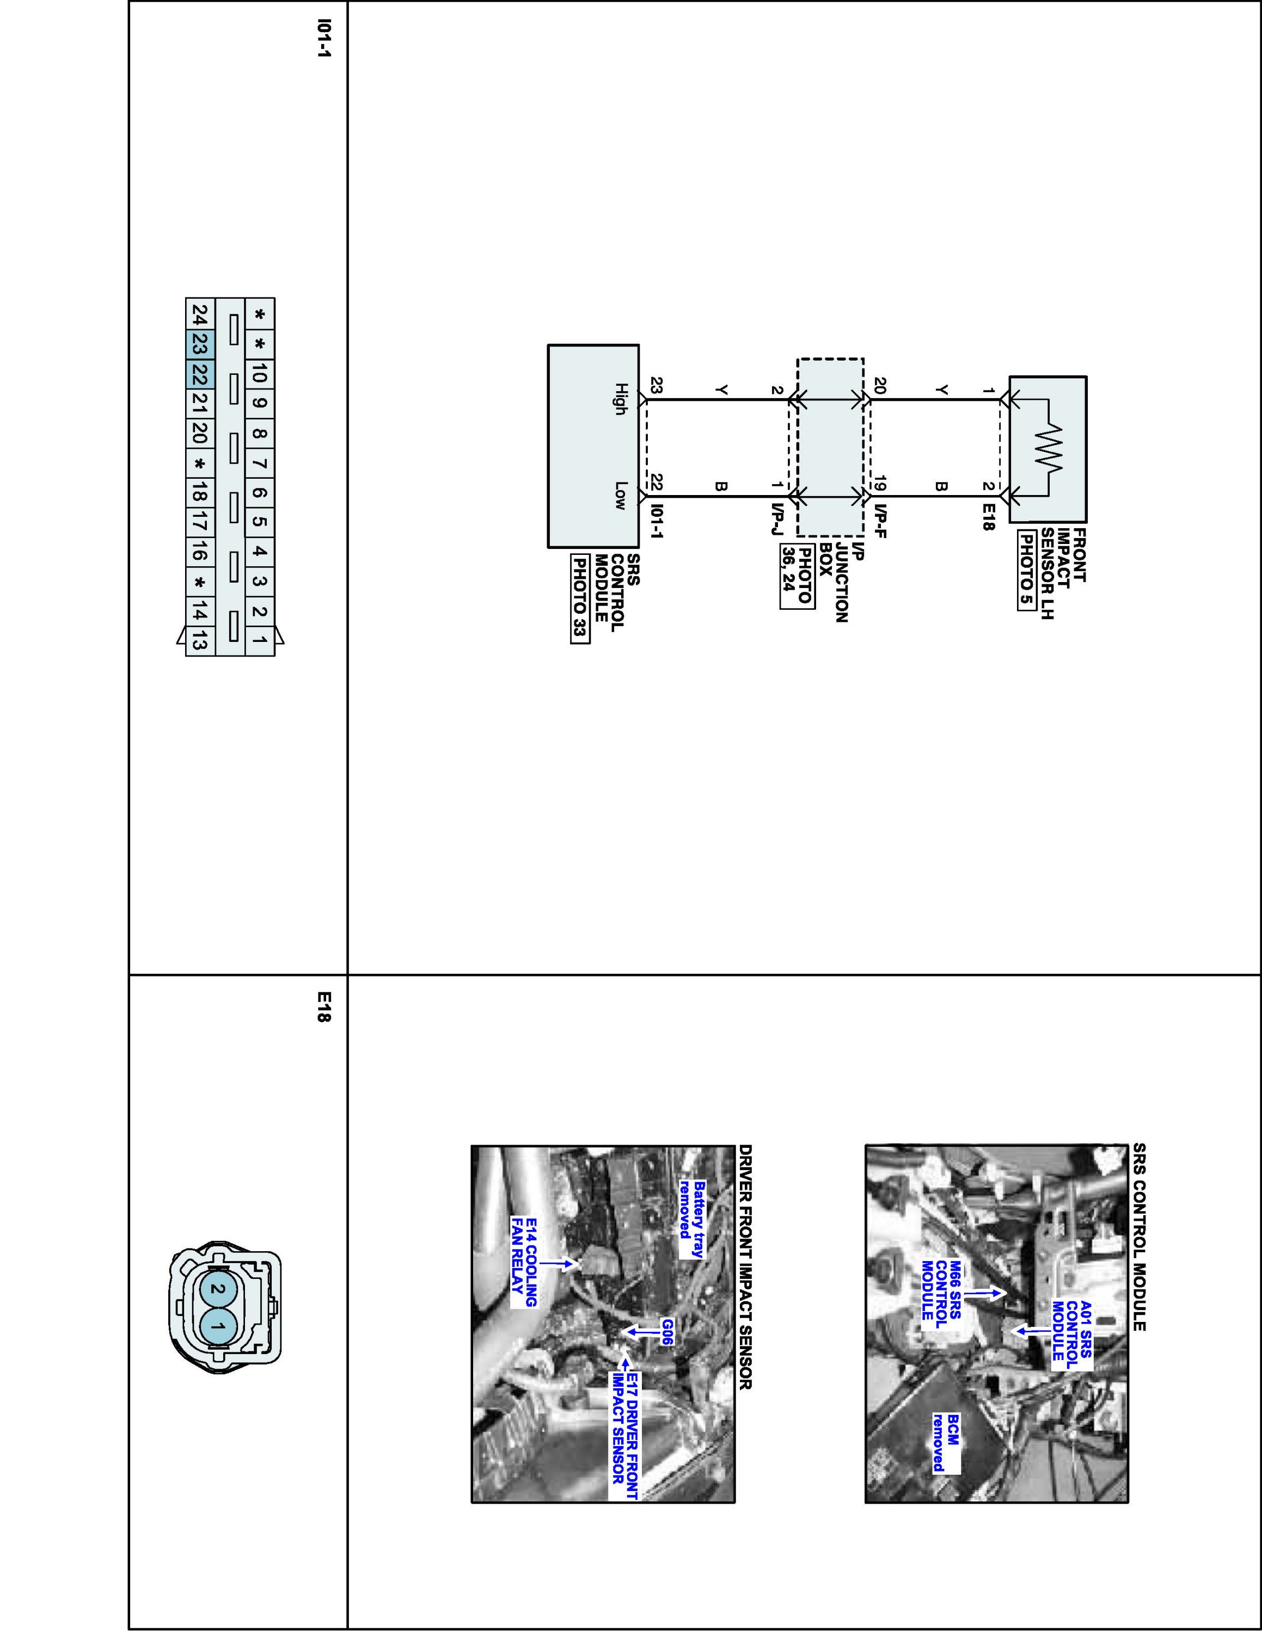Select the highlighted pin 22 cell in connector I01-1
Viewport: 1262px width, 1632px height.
(200, 374)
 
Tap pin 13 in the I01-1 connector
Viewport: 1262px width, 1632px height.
(200, 641)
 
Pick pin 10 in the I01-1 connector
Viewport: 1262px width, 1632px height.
(260, 374)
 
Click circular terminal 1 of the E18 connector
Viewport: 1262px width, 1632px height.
(217, 1326)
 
